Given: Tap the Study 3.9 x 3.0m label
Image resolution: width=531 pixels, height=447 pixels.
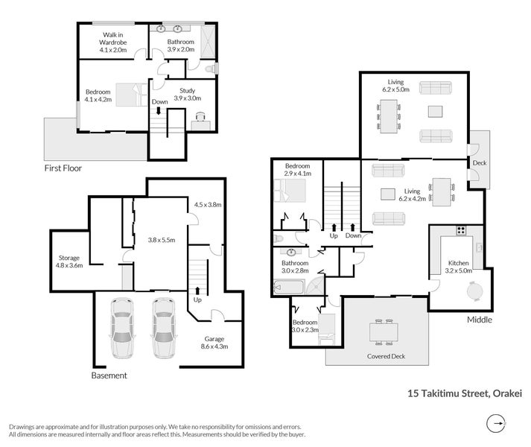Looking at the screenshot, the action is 187,95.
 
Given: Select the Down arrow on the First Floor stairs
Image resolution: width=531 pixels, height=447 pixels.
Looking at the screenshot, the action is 158,111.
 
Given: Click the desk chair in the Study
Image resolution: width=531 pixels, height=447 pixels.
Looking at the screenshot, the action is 200,116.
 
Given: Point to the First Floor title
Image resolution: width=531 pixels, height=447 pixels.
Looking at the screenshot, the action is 63,168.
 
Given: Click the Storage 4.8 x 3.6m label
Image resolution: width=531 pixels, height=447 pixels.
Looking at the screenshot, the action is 69,261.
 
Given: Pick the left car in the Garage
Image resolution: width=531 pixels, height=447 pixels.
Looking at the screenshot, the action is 122,328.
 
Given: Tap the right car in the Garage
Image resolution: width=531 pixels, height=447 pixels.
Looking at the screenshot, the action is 164,328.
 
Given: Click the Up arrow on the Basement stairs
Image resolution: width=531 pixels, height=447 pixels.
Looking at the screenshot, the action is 197,291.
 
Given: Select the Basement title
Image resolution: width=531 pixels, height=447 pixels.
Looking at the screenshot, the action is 109,375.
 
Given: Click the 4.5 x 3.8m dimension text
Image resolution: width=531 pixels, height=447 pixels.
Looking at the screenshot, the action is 208,205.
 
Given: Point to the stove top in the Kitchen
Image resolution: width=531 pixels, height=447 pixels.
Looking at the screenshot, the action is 460,231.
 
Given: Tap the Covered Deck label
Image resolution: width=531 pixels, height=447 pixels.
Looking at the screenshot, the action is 386,356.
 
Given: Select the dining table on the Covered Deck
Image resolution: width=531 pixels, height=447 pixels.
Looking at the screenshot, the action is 384,332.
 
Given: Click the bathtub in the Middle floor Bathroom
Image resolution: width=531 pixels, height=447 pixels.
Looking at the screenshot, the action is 288,288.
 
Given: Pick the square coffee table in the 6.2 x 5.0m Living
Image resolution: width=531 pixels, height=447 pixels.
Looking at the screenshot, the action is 435,112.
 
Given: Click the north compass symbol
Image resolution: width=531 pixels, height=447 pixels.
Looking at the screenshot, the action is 496,423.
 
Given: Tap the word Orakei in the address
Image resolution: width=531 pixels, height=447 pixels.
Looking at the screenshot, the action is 507,393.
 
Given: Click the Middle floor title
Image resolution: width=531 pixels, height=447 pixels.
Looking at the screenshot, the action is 480,320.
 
